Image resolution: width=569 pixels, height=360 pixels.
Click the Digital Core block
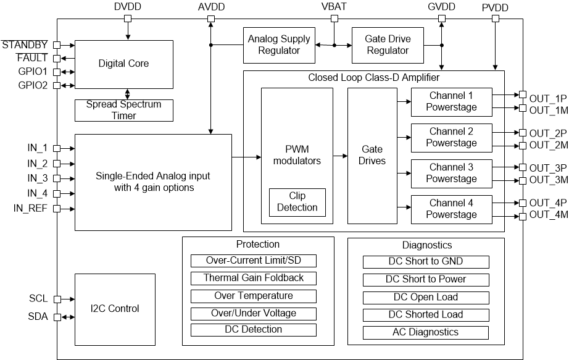(x=123, y=64)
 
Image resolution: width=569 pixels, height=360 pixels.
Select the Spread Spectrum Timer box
(x=124, y=110)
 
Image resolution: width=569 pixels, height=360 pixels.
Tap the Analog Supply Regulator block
(x=278, y=45)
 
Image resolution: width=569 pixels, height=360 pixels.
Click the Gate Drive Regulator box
(x=388, y=45)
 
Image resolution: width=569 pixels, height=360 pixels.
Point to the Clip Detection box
(x=297, y=202)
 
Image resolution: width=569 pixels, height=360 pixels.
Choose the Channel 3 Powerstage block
(x=451, y=174)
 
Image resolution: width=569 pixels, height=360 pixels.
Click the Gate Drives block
(x=372, y=156)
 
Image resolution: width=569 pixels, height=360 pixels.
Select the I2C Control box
(x=115, y=309)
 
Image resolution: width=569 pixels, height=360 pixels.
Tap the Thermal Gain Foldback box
(x=254, y=278)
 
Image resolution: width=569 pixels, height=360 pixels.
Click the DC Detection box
(x=254, y=330)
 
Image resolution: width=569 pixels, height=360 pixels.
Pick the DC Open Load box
(x=426, y=297)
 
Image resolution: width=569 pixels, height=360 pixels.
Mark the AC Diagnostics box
(x=426, y=332)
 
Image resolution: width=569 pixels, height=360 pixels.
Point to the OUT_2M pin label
(x=547, y=145)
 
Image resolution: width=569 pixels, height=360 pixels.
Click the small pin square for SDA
(x=57, y=317)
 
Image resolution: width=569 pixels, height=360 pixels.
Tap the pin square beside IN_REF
(x=57, y=209)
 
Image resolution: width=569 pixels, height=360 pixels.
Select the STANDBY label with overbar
(x=24, y=45)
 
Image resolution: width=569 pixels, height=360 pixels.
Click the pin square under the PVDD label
(x=496, y=19)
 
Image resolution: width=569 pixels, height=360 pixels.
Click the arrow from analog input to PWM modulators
(x=246, y=157)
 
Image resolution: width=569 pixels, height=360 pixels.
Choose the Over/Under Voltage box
(x=254, y=313)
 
